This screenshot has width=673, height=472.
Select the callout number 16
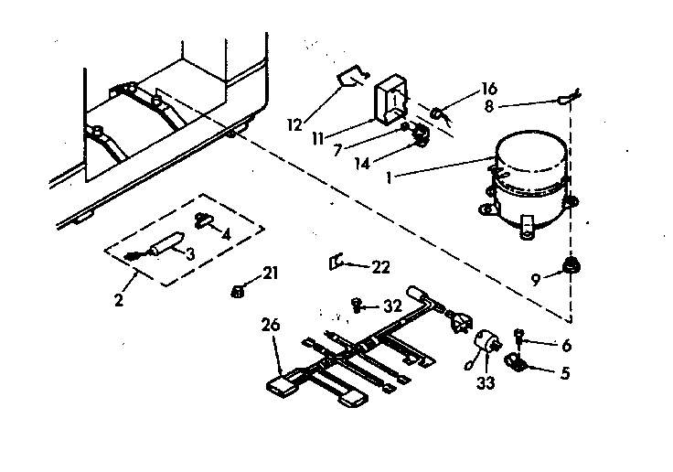[x=489, y=89]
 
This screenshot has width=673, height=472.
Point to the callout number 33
[x=485, y=383]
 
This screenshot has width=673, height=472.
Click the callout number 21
[x=271, y=273]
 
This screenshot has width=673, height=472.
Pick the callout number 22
[x=379, y=266]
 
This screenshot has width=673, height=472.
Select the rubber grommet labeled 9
[x=572, y=266]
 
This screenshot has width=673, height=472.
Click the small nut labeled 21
[x=235, y=291]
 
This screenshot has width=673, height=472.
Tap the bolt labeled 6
[x=520, y=335]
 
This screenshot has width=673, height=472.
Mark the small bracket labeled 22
[x=336, y=263]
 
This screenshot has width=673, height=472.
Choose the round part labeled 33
[x=486, y=344]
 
